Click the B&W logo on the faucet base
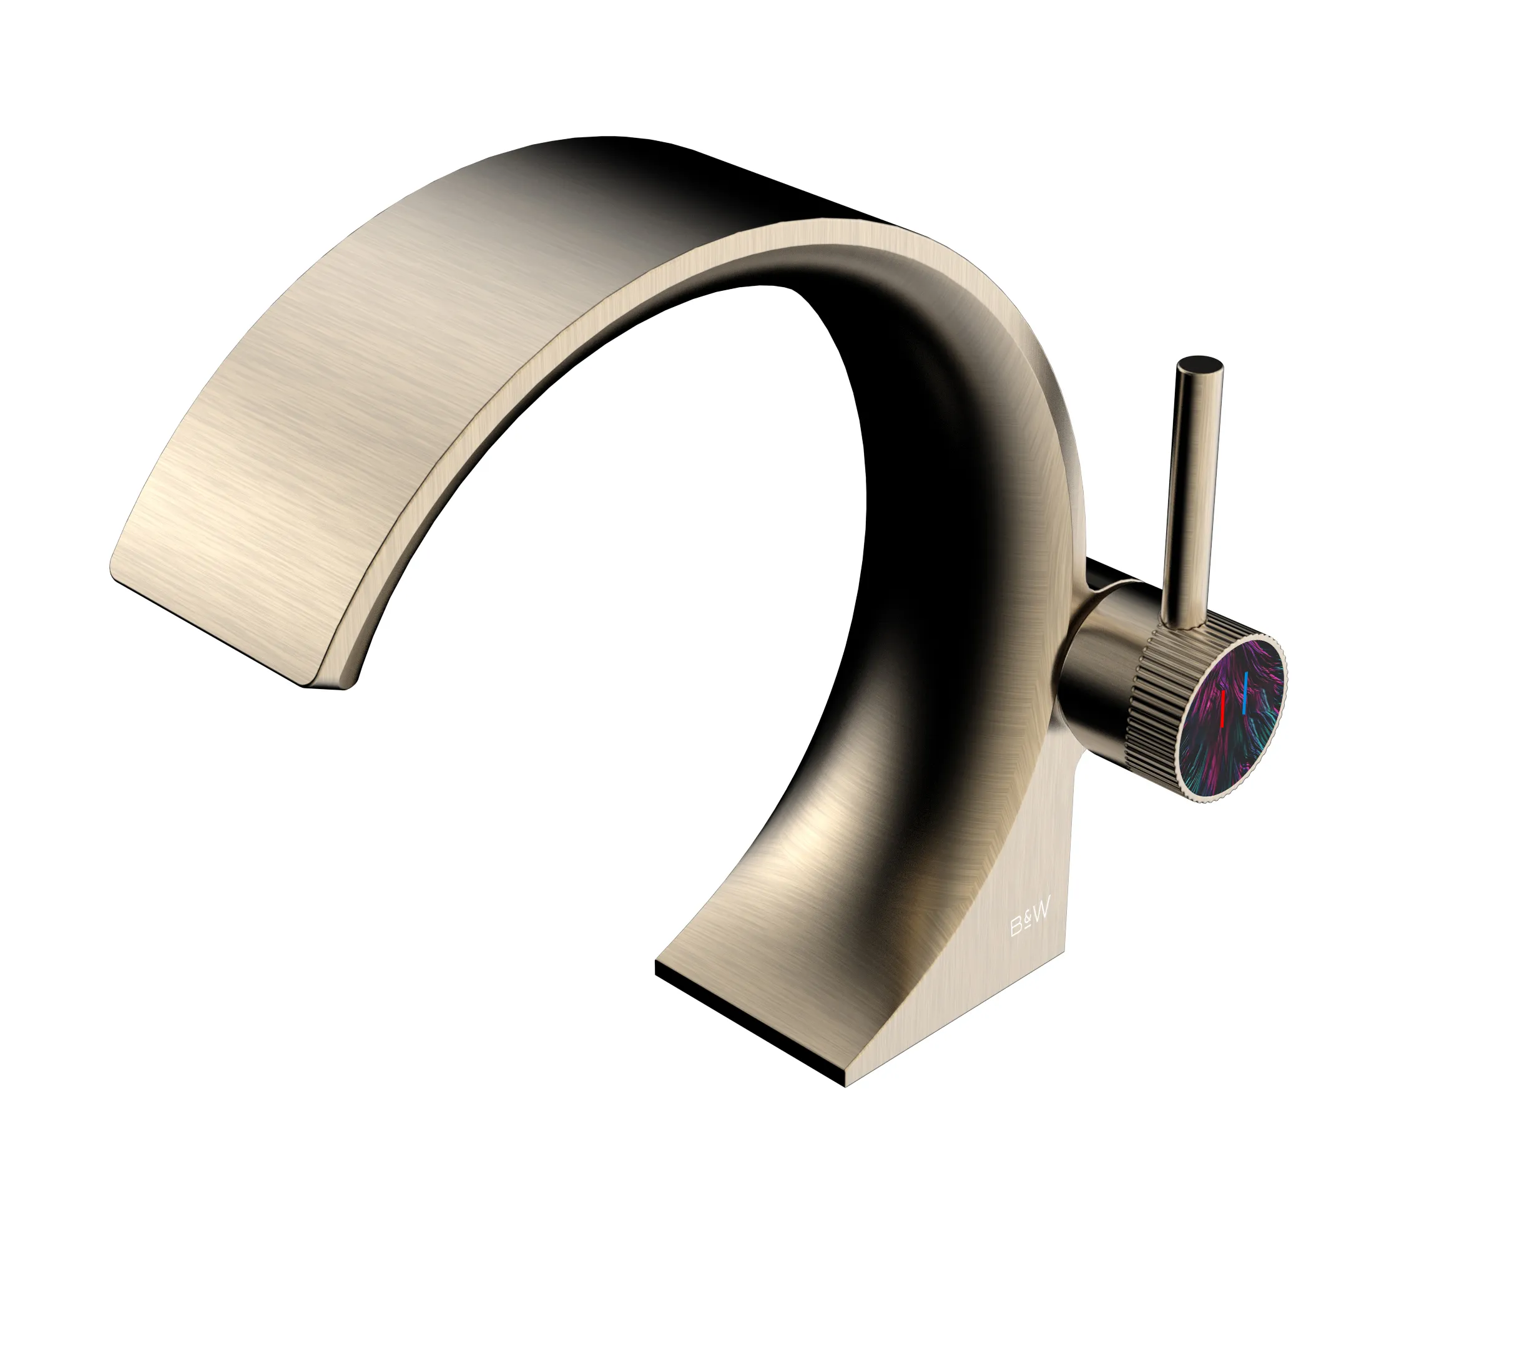click(x=1031, y=925)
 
